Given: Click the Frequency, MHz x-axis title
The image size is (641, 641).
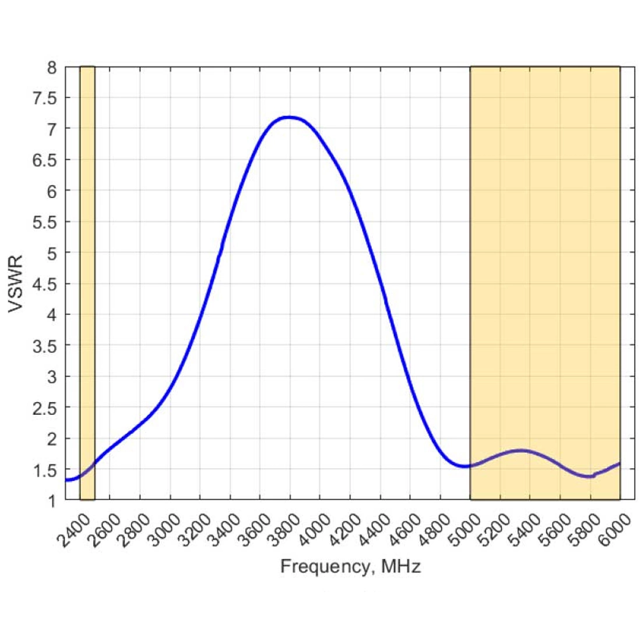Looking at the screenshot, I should [x=350, y=566].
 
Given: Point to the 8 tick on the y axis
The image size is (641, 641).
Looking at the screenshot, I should [x=52, y=68].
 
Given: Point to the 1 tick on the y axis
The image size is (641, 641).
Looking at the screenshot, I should [x=52, y=501].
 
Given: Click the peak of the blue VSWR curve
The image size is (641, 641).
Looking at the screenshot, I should [x=288, y=117].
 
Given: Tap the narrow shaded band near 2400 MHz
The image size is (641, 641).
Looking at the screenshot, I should [x=87, y=283].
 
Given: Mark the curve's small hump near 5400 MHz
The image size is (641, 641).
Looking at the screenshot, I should [x=520, y=450].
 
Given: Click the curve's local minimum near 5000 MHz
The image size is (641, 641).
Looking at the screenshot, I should [x=464, y=466].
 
